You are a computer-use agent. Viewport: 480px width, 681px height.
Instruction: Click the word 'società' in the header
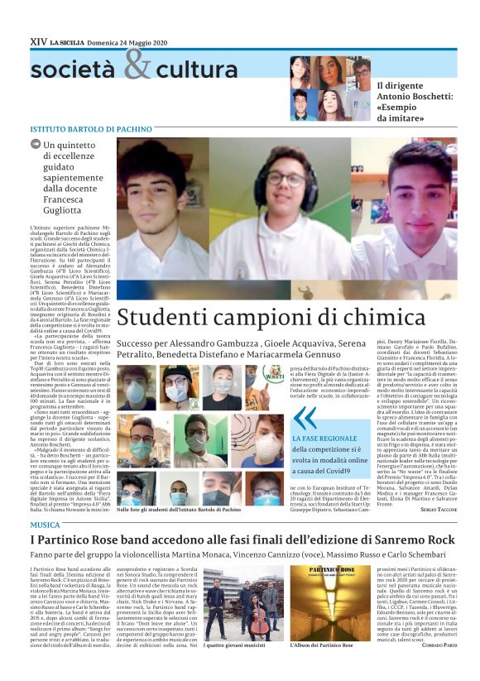click(x=75, y=70)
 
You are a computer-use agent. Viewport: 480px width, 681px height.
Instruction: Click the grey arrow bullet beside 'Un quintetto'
click(x=36, y=145)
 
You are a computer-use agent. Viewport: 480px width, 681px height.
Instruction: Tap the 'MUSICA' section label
click(x=45, y=525)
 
